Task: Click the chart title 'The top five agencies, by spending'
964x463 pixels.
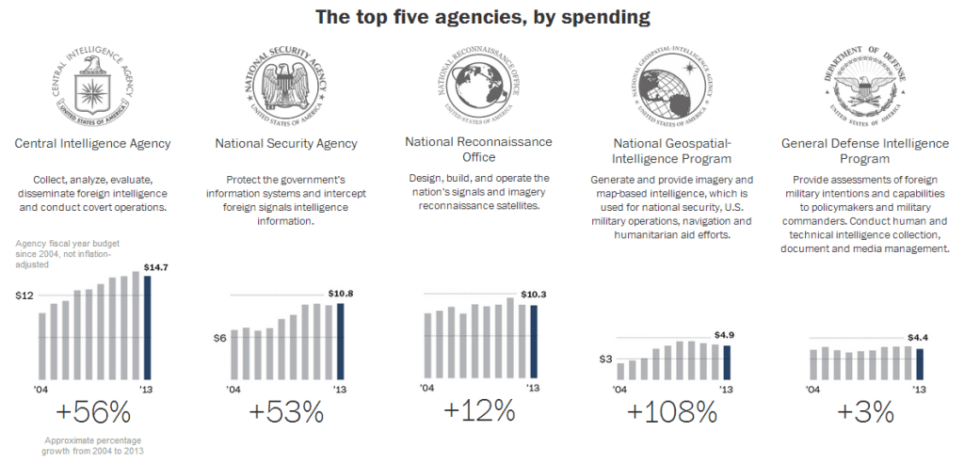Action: point(482,16)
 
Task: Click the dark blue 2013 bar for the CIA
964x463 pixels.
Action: point(146,326)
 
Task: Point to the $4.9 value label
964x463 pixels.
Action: point(724,335)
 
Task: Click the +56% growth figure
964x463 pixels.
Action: point(92,412)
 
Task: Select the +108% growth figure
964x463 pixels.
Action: point(671,412)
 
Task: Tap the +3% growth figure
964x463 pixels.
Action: point(865,412)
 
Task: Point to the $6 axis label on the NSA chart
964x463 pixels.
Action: point(218,338)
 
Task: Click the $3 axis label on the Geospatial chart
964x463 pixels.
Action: point(606,359)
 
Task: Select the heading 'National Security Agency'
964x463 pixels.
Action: point(286,144)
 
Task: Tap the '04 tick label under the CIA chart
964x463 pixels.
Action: point(41,388)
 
